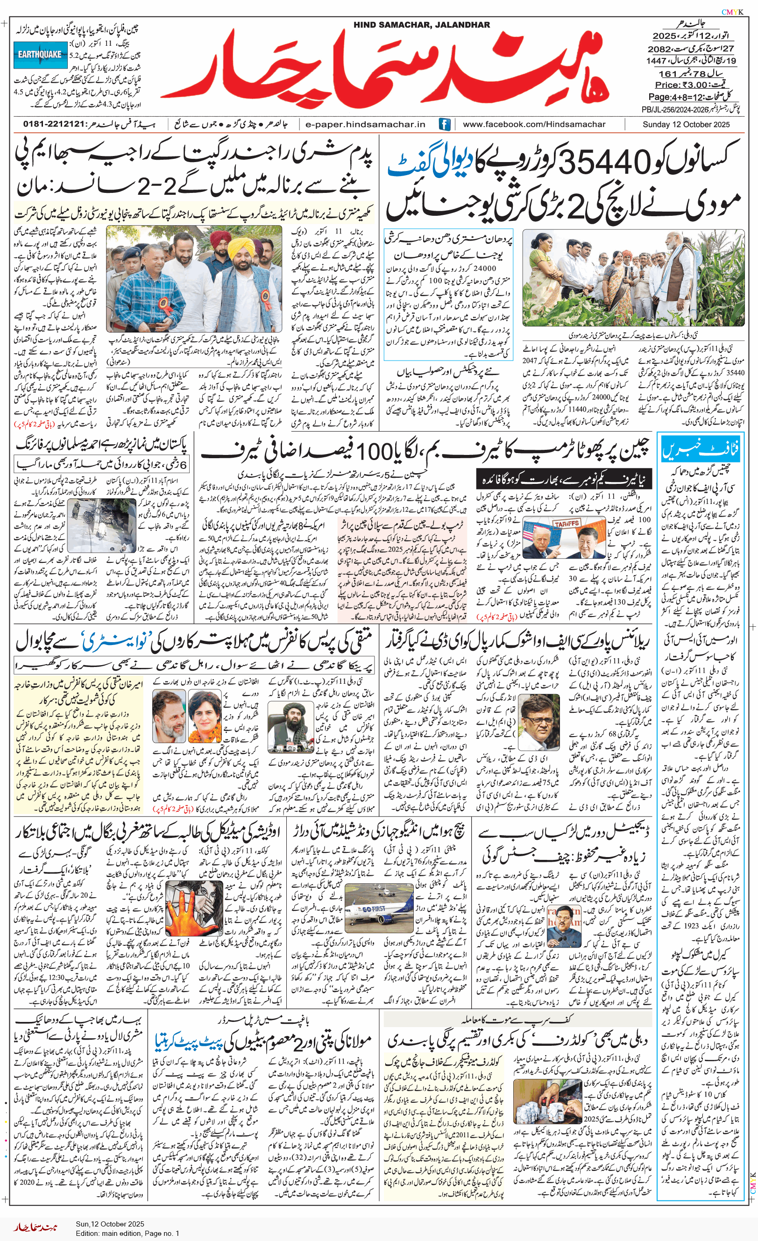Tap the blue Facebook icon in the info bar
(444, 124)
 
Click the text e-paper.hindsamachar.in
(365, 124)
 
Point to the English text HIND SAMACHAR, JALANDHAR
(421, 25)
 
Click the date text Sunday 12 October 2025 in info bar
(686, 124)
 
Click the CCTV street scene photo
(101, 526)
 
